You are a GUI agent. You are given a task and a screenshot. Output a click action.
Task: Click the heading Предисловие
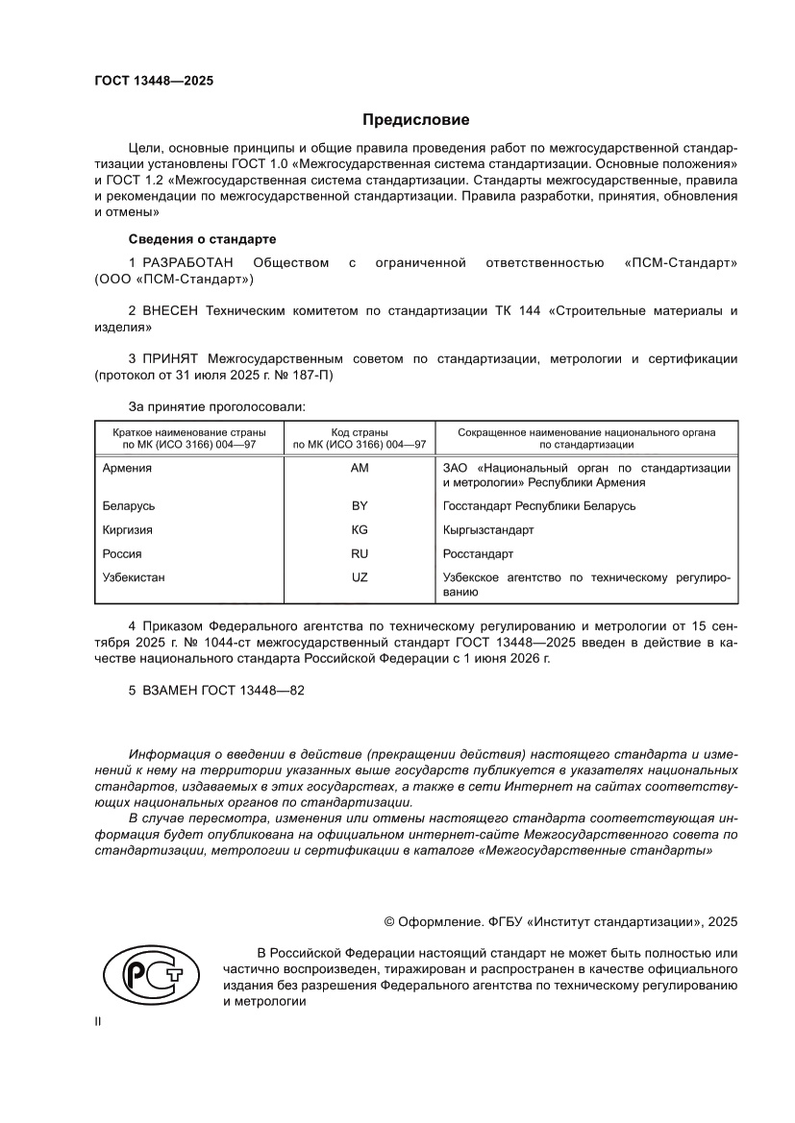coord(415,120)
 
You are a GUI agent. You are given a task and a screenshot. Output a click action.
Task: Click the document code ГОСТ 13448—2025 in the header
coord(154,81)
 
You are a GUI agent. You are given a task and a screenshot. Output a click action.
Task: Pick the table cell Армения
coord(127,468)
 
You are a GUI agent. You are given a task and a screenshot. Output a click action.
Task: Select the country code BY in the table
coord(360,505)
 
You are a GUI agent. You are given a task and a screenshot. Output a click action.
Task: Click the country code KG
coord(360,529)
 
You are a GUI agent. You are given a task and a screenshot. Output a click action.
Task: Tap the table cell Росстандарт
coord(478,554)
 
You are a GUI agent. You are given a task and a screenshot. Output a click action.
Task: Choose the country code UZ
coord(360,578)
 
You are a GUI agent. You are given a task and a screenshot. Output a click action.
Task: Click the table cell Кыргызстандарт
coord(488,529)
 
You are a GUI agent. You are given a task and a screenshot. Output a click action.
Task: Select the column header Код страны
coord(360,432)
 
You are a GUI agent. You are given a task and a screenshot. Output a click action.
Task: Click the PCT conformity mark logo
coord(144,977)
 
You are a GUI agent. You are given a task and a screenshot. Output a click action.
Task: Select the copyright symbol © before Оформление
coord(390,921)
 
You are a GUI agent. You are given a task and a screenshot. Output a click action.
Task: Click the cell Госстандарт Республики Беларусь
coord(538,505)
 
